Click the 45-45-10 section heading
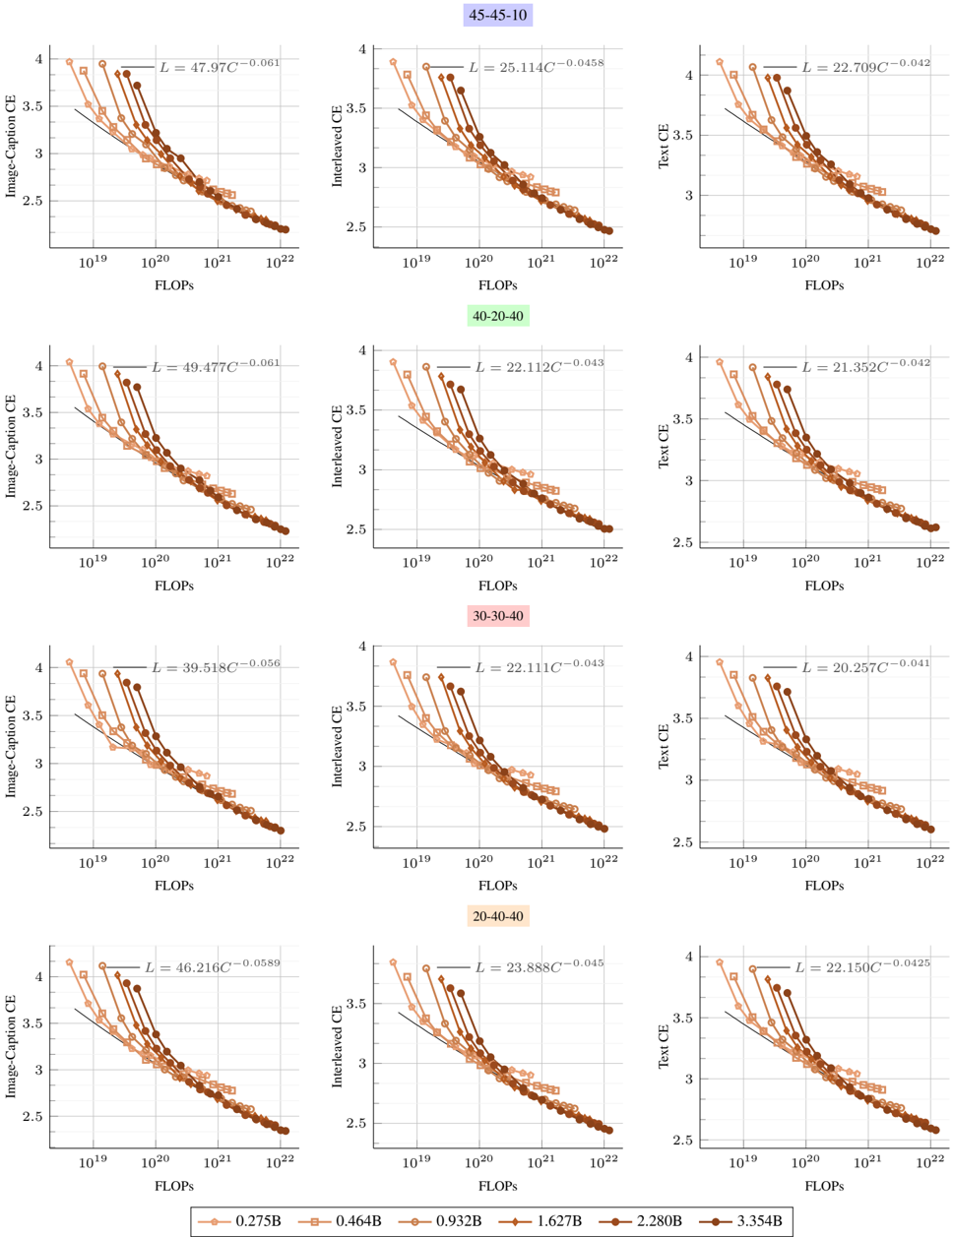[x=498, y=15]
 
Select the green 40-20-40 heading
[x=498, y=316]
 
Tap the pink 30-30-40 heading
[x=498, y=616]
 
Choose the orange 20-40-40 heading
[x=498, y=916]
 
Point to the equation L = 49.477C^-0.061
[x=215, y=366]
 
